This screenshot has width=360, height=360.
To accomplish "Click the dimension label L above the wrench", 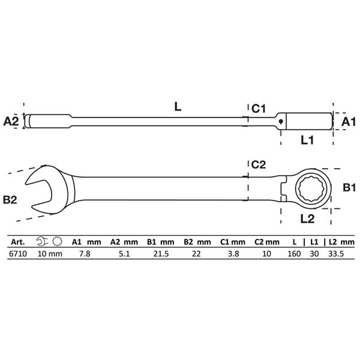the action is click(178, 106).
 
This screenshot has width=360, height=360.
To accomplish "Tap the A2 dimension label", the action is click(11, 121).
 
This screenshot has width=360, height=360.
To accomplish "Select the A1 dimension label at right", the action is click(348, 122).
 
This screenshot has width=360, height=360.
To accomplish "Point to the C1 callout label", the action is click(259, 109).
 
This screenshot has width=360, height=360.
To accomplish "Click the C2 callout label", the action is click(259, 164).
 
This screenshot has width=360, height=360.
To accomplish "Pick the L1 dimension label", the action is click(307, 140).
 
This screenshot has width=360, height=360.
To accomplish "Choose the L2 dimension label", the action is click(307, 219).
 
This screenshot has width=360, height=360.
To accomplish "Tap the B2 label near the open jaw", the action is click(10, 200).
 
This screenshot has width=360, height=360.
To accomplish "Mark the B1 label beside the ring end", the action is click(349, 187).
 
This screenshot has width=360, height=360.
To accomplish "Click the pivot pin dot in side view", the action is click(281, 121).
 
